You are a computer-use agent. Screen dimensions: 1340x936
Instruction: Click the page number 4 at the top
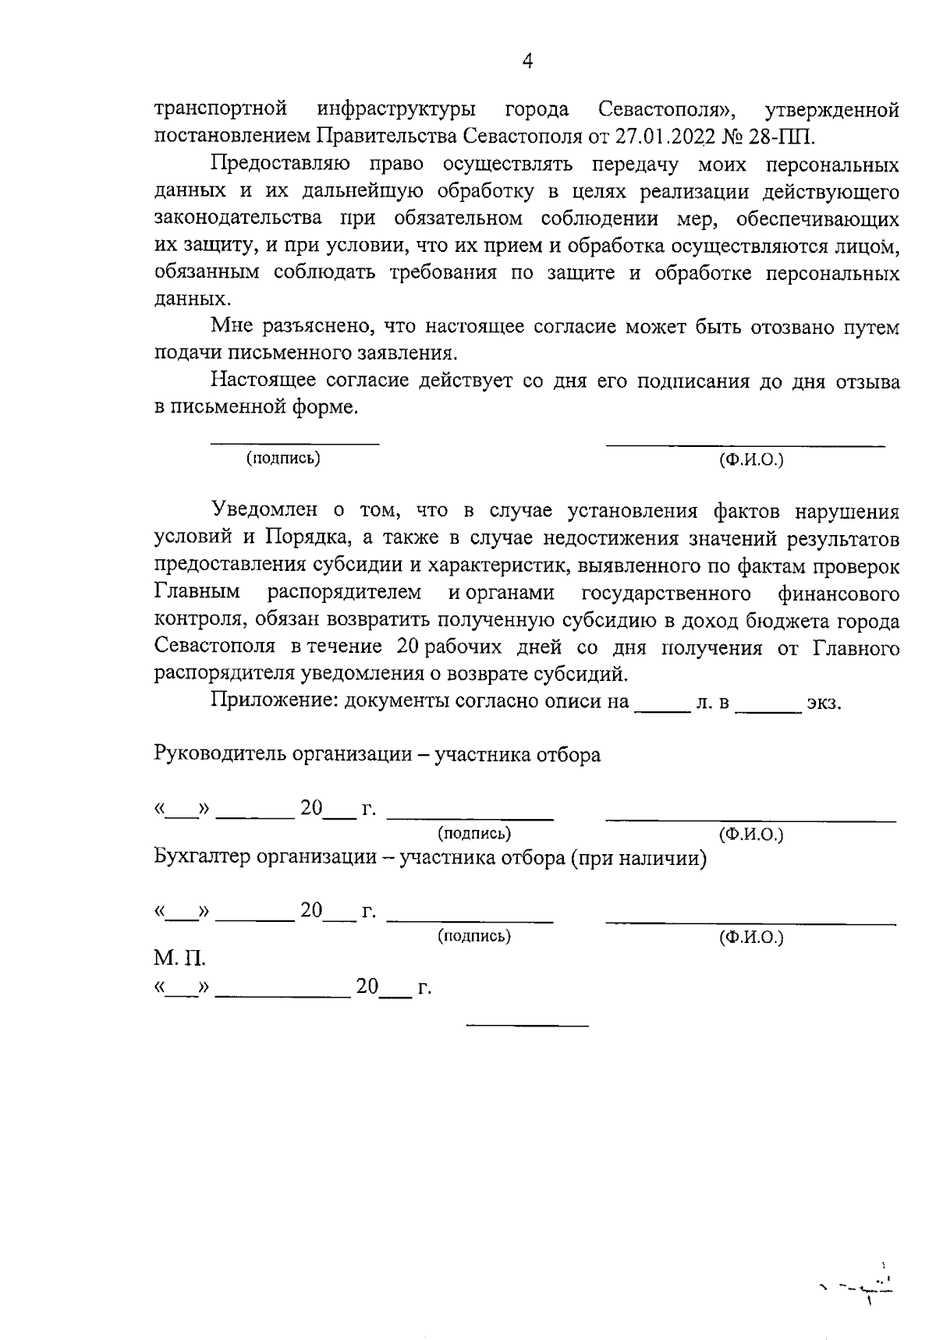(x=527, y=61)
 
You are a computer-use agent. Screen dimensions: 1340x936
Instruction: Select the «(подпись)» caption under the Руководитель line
(x=474, y=833)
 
